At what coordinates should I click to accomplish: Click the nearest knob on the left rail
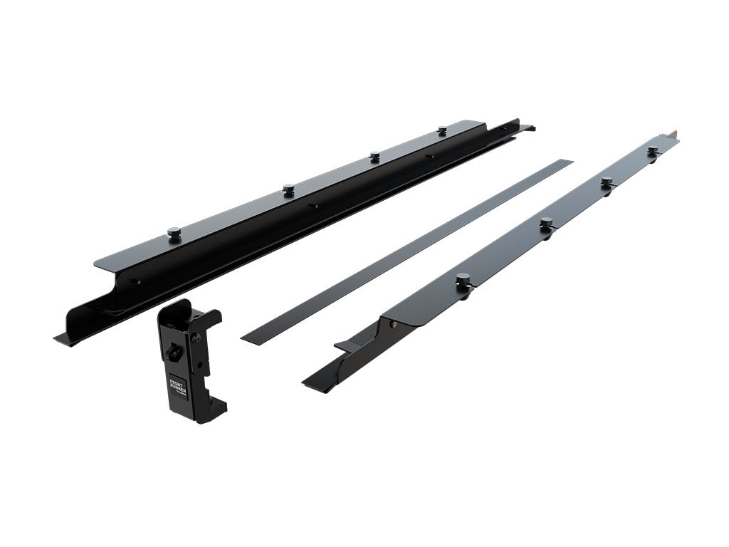tap(174, 232)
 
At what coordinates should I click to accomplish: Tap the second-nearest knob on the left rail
tap(288, 189)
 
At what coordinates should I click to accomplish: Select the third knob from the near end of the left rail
tap(374, 156)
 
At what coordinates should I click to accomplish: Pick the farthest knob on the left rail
tap(442, 130)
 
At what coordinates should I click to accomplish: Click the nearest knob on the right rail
tap(463, 279)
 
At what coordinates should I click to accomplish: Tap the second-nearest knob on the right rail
tap(546, 224)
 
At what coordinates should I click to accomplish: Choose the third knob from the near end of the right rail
tap(607, 183)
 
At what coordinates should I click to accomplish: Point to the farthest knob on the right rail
tap(653, 151)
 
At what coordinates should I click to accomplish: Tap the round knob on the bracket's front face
tap(172, 352)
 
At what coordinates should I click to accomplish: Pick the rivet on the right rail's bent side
tap(392, 325)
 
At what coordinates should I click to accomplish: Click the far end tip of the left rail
tap(528, 128)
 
